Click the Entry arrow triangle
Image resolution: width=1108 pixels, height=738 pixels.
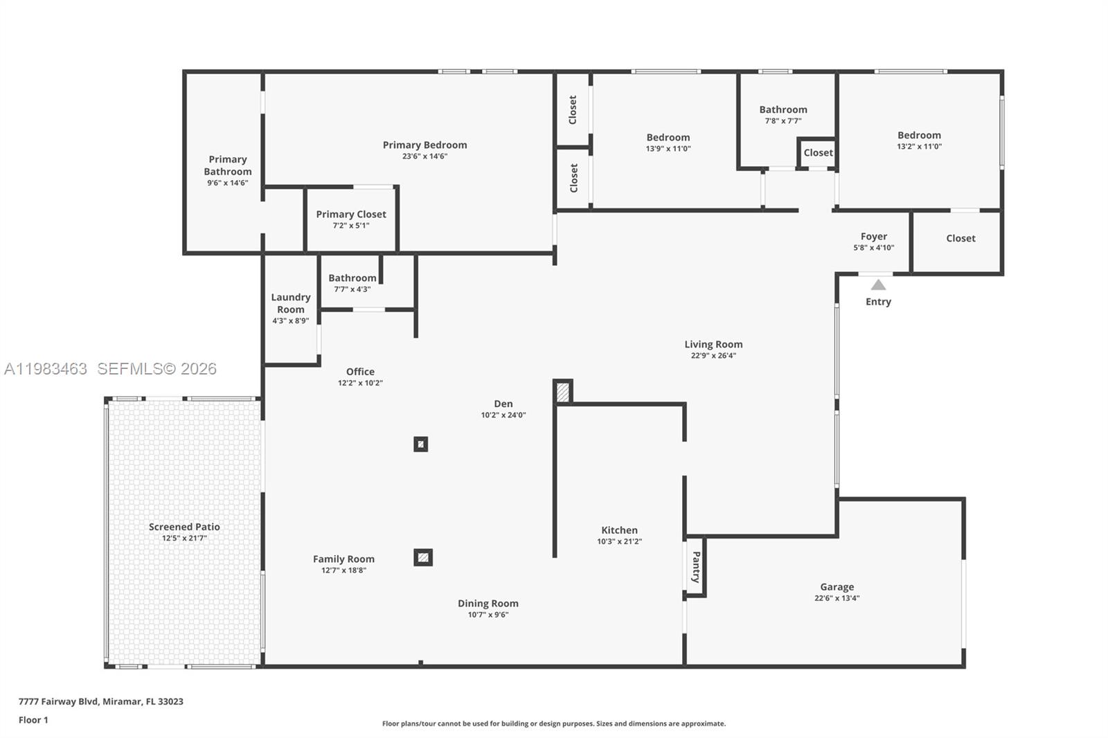[x=878, y=285]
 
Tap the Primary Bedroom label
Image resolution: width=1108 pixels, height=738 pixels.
[x=425, y=145]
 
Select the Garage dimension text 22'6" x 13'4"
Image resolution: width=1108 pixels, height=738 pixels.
[x=837, y=598]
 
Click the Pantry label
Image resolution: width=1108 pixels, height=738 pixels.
[x=696, y=566]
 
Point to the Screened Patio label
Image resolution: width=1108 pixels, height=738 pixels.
[x=184, y=527]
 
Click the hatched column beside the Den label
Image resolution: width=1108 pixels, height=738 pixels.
[x=563, y=393]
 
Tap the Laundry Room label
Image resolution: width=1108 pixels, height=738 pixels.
[x=291, y=303]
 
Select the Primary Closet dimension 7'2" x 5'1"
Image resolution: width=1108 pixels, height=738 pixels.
[x=351, y=226]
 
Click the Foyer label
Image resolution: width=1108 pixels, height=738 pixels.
[x=873, y=236]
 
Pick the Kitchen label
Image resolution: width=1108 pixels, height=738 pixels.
[x=619, y=530]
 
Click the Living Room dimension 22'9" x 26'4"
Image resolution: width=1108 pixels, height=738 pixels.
[x=713, y=356]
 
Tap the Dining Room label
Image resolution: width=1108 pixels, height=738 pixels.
[x=488, y=603]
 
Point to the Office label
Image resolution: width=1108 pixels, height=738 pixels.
[x=360, y=372]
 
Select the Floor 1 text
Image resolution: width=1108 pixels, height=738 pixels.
[x=33, y=720]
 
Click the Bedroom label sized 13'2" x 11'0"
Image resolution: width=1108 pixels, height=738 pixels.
[x=919, y=135]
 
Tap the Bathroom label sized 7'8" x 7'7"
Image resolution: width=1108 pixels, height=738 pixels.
[x=783, y=109]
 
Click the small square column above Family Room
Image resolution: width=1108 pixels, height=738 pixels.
[x=421, y=444]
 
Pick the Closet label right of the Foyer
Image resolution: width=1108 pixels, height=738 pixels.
[x=960, y=238]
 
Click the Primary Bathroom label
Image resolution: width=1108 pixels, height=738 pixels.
[x=227, y=165]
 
